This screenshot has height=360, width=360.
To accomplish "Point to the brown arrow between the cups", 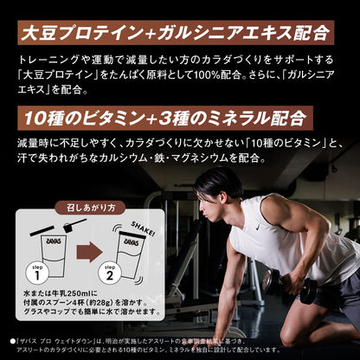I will (x=86, y=255).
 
